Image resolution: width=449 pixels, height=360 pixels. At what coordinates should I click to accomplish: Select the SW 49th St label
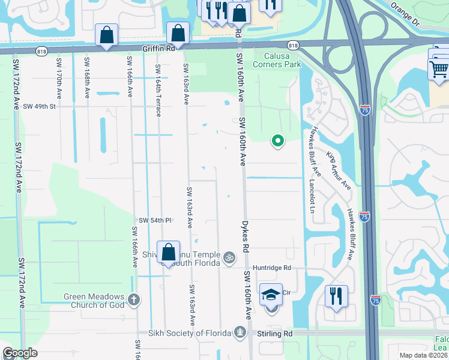pyautogui.click(x=39, y=106)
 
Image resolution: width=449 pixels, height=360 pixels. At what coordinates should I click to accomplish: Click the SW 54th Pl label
pyautogui.click(x=155, y=220)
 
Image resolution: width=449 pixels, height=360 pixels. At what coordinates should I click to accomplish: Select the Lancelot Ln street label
pyautogui.click(x=312, y=197)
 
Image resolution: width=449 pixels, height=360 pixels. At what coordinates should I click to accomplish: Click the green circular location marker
pyautogui.click(x=278, y=141)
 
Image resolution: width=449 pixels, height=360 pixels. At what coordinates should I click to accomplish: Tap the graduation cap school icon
pyautogui.click(x=271, y=295)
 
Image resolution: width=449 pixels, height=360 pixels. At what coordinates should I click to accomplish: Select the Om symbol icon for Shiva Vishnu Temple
pyautogui.click(x=228, y=258)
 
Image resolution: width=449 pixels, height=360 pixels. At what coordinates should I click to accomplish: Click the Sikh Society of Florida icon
pyautogui.click(x=240, y=332)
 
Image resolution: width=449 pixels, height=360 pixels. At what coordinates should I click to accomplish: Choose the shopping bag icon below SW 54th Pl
pyautogui.click(x=169, y=251)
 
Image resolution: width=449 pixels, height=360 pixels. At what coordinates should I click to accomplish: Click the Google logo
pyautogui.click(x=20, y=353)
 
